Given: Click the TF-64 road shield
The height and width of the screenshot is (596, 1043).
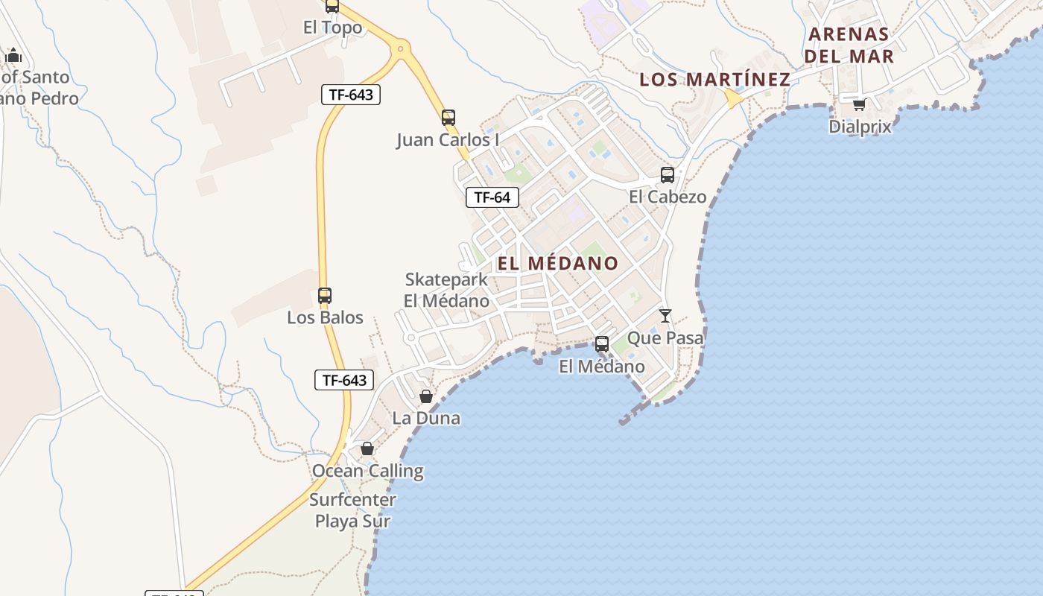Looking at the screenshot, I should tap(492, 197).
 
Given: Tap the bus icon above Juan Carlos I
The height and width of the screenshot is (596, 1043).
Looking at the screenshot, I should tap(448, 118).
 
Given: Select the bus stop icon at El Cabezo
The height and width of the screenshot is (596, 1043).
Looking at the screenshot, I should tap(668, 175).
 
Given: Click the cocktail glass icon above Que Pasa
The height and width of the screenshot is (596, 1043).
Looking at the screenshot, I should tap(665, 316).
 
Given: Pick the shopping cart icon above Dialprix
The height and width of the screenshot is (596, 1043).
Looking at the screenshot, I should tap(859, 104).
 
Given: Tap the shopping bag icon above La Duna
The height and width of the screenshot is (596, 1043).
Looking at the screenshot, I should tap(426, 396).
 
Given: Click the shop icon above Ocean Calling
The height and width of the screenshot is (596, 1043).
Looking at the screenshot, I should tap(367, 448).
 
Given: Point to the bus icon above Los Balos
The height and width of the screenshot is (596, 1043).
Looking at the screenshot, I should tap(325, 295).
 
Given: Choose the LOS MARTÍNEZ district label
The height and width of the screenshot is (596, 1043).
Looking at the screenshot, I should tap(714, 79).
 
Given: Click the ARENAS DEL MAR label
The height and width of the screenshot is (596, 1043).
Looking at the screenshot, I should tap(849, 45).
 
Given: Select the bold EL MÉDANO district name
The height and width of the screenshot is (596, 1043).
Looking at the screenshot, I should tap(557, 263).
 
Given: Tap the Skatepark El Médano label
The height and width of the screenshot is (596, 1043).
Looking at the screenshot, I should tap(447, 291).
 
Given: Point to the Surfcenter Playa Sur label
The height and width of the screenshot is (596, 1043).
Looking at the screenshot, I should tap(353, 510).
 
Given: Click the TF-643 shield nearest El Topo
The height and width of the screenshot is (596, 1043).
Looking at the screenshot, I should tap(351, 95).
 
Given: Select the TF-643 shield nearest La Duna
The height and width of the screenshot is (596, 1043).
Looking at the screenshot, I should tap(343, 380).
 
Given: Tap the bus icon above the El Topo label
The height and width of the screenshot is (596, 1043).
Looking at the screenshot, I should tap(332, 7).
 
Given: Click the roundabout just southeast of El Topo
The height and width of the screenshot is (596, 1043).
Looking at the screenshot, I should tap(401, 49).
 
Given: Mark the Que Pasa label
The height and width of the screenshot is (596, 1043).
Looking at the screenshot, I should tap(665, 338).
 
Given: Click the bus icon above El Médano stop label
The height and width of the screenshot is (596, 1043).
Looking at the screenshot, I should tap(602, 344).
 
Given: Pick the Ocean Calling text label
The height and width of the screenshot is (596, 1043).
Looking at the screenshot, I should tap(367, 471).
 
